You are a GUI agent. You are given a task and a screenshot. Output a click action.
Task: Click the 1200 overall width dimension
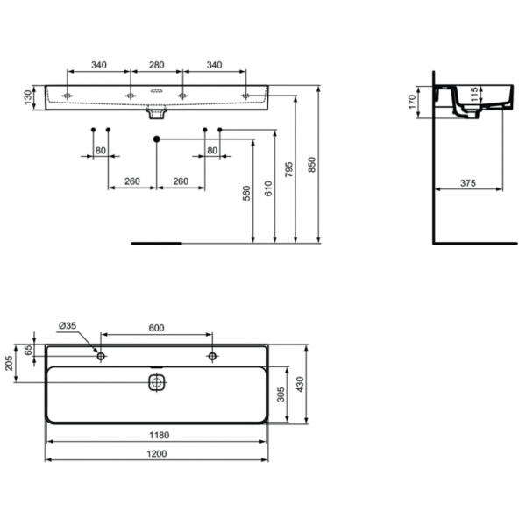(157, 453)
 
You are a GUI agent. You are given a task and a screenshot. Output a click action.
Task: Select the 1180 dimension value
(157, 435)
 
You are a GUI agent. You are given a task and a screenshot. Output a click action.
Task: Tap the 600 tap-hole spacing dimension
(156, 328)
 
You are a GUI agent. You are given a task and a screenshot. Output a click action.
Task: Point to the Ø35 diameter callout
(68, 326)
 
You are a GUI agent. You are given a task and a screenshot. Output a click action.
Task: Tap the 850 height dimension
(312, 165)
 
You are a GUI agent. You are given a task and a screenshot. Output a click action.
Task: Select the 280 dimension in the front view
(156, 64)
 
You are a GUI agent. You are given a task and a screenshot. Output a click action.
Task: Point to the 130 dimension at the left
(27, 95)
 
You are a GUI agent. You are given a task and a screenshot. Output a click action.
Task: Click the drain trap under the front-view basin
(156, 113)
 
